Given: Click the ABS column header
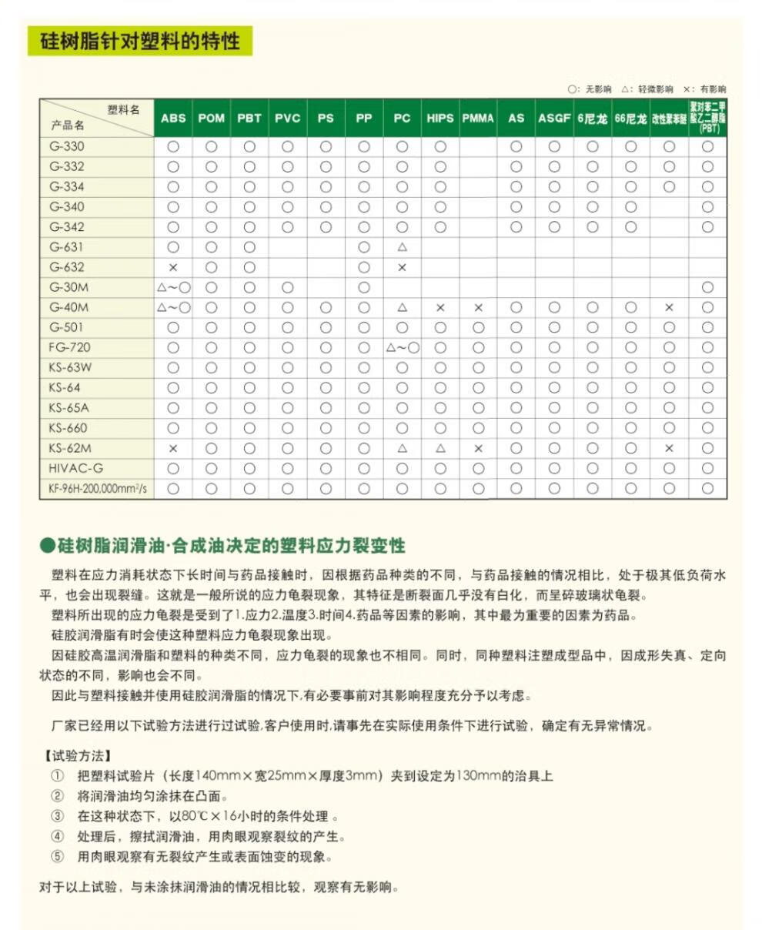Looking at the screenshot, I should click(x=173, y=118).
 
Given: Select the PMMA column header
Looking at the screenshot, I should click(x=478, y=118).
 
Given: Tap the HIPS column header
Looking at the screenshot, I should click(x=440, y=118).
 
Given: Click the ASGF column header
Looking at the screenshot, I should click(x=554, y=118).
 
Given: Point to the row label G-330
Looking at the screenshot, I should click(x=68, y=146).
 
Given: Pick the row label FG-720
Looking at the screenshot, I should click(x=70, y=347).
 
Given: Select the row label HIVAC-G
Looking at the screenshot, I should click(x=76, y=468).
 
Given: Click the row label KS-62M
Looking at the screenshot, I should click(x=70, y=448).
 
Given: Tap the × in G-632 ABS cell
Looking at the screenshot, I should click(x=173, y=267).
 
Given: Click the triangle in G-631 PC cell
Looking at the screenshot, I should click(x=402, y=247).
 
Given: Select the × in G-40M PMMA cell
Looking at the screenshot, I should click(x=478, y=307).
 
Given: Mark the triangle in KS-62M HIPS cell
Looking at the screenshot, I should click(x=440, y=448).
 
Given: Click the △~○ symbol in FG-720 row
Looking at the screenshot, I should click(x=402, y=347).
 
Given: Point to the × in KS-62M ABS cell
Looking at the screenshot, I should click(x=173, y=448).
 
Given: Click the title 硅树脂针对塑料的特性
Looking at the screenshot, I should click(x=140, y=41).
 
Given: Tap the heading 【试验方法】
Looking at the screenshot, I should click(x=75, y=755).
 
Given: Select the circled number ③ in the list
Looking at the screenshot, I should click(x=58, y=816).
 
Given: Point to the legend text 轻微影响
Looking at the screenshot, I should click(x=655, y=89).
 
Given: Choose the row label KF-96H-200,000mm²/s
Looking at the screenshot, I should click(x=97, y=488).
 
